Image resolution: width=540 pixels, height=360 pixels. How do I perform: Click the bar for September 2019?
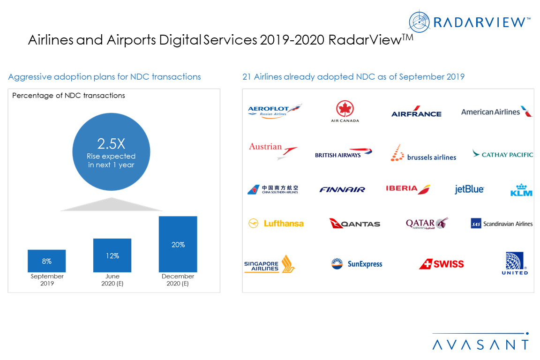click(x=46, y=261)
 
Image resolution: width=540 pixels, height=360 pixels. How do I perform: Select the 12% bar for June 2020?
click(x=112, y=255)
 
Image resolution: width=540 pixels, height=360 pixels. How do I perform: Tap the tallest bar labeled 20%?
click(x=178, y=244)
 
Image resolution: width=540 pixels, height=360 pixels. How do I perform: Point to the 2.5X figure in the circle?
click(x=111, y=144)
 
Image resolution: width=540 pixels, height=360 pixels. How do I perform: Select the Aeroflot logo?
click(x=275, y=111)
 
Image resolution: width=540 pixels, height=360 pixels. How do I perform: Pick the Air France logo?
click(x=416, y=112)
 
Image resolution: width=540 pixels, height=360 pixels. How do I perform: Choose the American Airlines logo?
click(x=496, y=112)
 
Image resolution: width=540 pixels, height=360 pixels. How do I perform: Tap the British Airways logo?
click(x=343, y=153)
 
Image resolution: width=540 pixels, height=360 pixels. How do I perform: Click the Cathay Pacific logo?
click(x=502, y=154)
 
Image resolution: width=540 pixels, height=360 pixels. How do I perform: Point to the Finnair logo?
click(x=342, y=189)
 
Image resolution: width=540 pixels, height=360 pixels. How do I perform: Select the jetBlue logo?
click(x=469, y=189)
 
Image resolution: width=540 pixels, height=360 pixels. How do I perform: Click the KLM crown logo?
click(x=521, y=189)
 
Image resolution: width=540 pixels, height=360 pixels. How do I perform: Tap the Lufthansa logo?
click(x=276, y=224)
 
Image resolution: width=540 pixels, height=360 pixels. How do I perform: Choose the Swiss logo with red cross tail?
click(x=441, y=264)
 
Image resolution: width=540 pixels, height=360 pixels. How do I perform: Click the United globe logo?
click(x=515, y=263)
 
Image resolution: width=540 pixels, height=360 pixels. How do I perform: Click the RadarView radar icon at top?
click(x=420, y=22)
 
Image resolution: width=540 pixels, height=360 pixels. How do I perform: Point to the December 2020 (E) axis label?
click(x=178, y=280)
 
